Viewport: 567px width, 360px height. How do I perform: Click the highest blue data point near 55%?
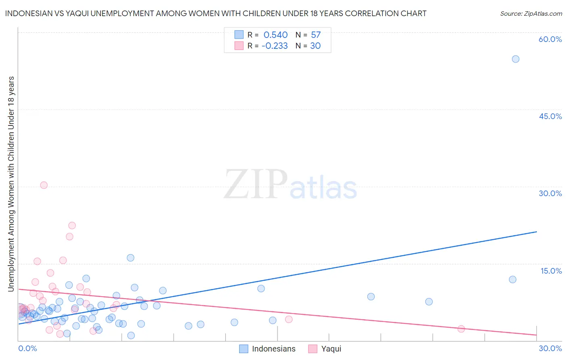click(515, 59)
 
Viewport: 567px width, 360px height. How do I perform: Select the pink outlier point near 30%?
click(44, 185)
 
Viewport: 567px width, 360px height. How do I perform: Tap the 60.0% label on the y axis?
click(550, 39)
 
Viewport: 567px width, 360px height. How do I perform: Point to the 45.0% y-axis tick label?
click(550, 116)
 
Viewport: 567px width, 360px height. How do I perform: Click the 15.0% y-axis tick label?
click(551, 271)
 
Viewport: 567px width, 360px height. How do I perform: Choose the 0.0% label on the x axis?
click(27, 348)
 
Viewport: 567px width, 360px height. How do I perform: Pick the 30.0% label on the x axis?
click(550, 348)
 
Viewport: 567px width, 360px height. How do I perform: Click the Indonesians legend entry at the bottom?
click(273, 349)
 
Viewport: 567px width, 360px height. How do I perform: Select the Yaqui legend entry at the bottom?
click(331, 349)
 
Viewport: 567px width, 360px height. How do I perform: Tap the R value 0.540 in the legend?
click(275, 35)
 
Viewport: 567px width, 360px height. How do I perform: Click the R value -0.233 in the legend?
click(275, 46)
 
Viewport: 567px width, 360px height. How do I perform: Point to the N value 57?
click(316, 35)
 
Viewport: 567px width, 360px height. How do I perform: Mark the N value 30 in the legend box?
click(315, 46)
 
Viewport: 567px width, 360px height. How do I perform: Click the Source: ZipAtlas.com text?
click(531, 14)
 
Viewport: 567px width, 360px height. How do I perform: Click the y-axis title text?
click(11, 184)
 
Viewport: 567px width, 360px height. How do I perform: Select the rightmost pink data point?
click(461, 329)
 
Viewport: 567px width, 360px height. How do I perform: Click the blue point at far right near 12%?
click(513, 279)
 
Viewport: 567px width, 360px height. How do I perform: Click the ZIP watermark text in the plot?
click(256, 184)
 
